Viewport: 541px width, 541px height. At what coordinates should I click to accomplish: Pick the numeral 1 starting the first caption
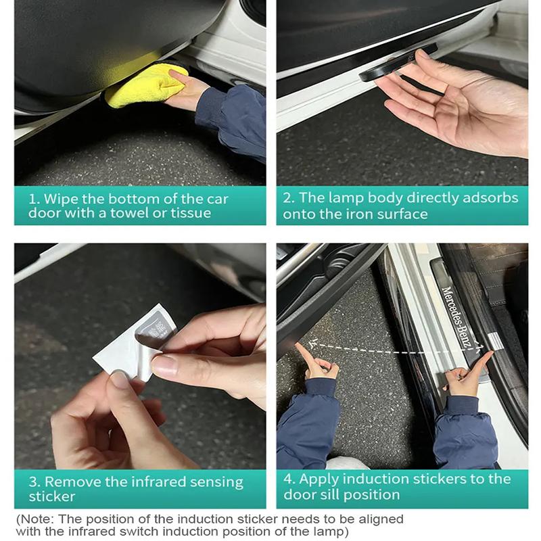(32, 199)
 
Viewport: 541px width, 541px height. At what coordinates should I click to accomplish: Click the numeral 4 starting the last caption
(287, 479)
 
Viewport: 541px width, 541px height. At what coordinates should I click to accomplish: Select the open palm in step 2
(467, 108)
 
